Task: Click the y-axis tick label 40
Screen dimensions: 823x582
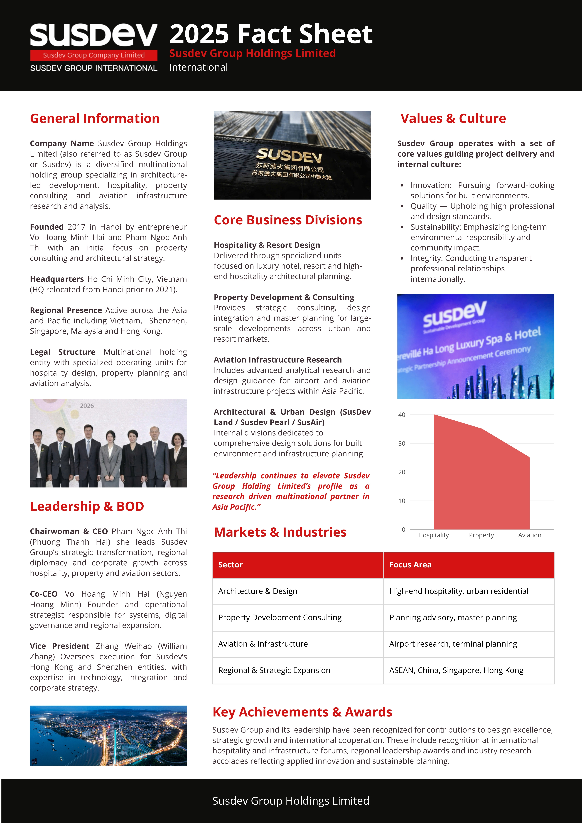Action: tap(402, 415)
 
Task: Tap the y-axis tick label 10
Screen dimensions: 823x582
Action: tap(402, 501)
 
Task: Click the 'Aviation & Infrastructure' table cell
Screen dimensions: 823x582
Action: tap(263, 644)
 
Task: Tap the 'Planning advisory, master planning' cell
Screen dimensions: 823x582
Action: tap(453, 618)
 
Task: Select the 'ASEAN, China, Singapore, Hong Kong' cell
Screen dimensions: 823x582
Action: tap(456, 670)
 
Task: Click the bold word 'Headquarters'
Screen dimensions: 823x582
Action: tap(57, 279)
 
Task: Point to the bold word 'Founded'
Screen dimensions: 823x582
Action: tap(47, 227)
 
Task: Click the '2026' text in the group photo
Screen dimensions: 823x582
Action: tap(87, 406)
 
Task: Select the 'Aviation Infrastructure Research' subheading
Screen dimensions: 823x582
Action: tap(278, 360)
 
